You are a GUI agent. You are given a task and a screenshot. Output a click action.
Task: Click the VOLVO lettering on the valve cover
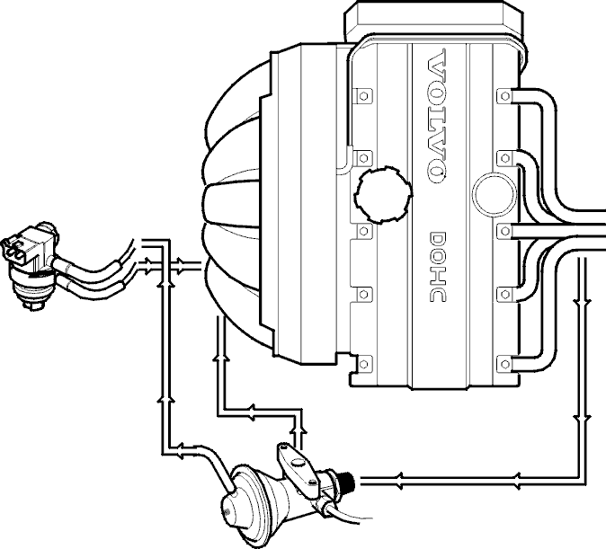[x=438, y=116]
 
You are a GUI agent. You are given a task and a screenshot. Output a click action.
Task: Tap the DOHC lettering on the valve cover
[x=438, y=267]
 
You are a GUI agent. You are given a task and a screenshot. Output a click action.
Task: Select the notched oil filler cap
[x=383, y=195]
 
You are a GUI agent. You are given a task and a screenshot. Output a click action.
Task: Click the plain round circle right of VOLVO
[x=495, y=193]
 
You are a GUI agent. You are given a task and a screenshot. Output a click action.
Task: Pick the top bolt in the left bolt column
[x=363, y=95]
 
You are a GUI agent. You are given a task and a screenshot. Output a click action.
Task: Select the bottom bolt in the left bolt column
[x=363, y=364]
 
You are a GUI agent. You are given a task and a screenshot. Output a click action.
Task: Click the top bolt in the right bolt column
[x=504, y=95]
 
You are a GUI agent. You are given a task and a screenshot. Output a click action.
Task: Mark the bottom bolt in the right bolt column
[x=504, y=364]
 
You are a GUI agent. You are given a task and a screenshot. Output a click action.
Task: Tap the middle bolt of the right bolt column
[x=504, y=231]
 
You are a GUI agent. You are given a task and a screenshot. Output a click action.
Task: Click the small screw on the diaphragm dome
[x=227, y=512]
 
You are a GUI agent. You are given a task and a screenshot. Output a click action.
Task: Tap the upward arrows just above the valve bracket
[x=298, y=429]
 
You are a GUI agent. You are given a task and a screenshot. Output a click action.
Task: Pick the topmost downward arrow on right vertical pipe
[x=582, y=301]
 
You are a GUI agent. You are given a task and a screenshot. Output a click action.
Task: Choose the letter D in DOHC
[x=438, y=239]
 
